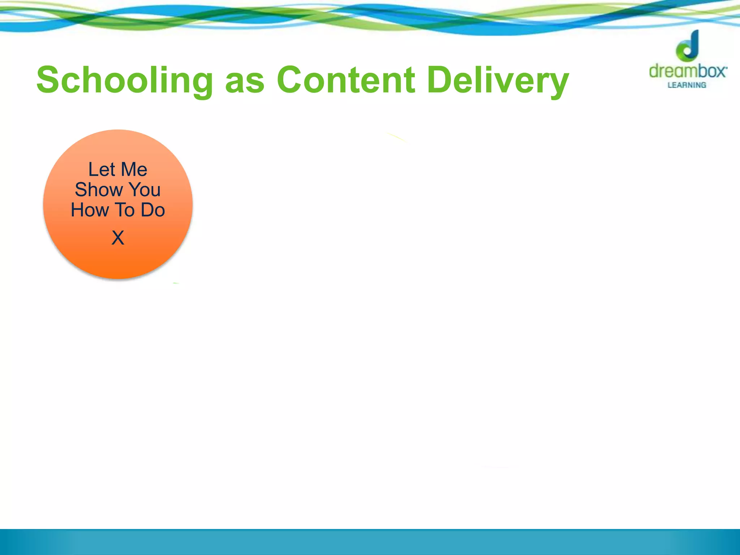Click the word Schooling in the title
[x=125, y=80]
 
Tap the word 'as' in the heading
[x=245, y=81]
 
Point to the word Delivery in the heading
[x=498, y=80]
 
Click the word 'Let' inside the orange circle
[x=102, y=169]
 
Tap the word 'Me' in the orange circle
[x=134, y=169]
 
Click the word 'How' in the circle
[x=90, y=210]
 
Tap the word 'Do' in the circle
[x=153, y=210]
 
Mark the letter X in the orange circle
[x=118, y=238]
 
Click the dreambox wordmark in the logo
[x=688, y=71]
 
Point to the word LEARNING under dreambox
[x=687, y=85]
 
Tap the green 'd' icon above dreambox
[x=688, y=46]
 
